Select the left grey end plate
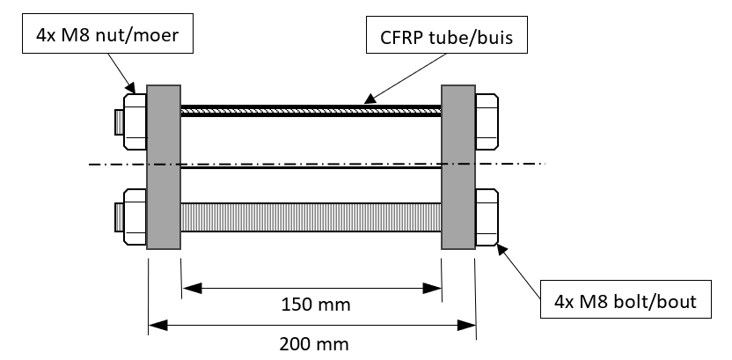[x=164, y=167]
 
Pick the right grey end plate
[x=457, y=167]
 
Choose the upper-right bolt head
[x=487, y=120]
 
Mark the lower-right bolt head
[x=487, y=216]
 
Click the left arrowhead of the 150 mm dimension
[x=188, y=287]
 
